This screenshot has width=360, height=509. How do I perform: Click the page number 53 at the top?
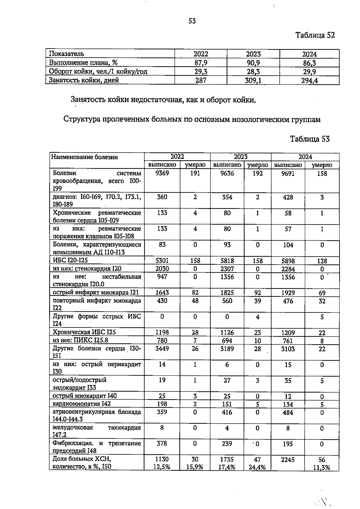(192, 21)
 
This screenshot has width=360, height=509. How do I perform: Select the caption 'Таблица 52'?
(315, 35)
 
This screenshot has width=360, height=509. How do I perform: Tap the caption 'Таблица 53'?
(310, 139)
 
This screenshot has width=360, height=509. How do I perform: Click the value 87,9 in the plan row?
(201, 63)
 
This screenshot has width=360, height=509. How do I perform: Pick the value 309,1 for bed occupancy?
(253, 80)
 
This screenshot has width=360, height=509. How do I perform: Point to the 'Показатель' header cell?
(67, 54)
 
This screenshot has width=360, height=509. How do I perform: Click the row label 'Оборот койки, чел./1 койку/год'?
(98, 72)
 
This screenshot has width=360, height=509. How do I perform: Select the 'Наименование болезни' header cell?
(85, 157)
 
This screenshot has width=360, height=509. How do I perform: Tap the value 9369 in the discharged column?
(162, 173)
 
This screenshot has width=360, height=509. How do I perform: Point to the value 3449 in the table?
(162, 349)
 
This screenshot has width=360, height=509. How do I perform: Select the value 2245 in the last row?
(288, 459)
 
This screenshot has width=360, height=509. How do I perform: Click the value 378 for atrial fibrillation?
(162, 444)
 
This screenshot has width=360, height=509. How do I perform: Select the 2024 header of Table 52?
(309, 54)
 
